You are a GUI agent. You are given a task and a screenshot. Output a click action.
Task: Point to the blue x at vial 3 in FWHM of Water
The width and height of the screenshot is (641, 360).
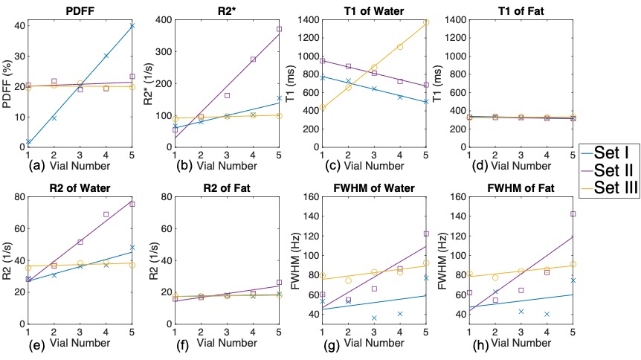pos(374,318)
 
